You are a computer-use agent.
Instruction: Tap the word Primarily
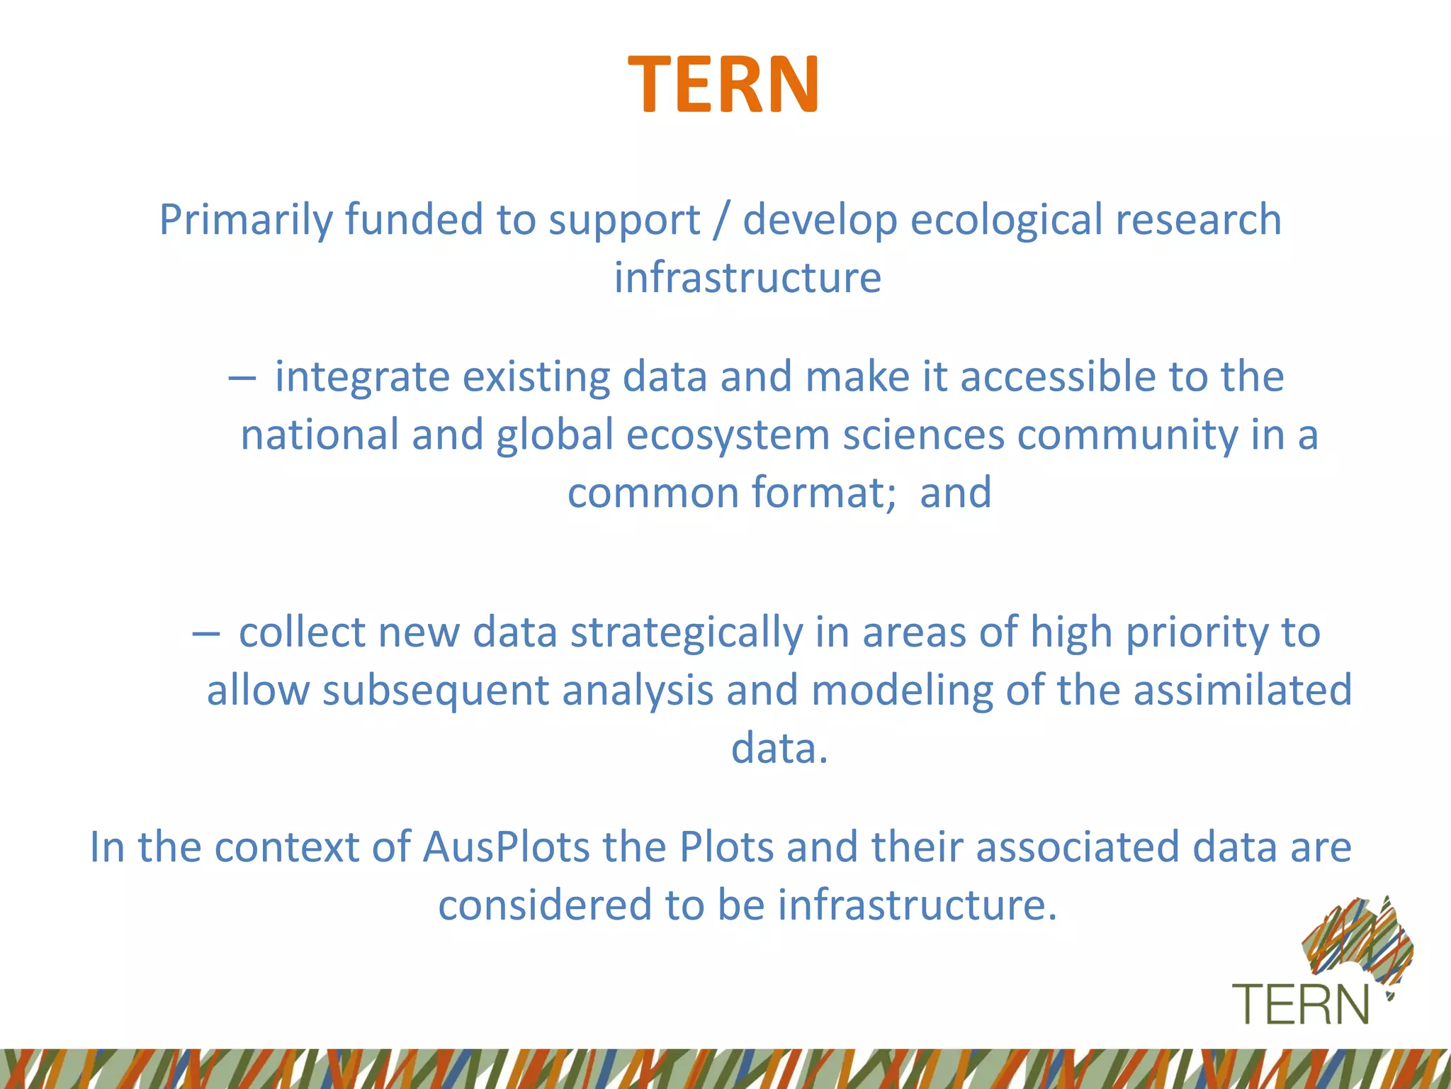(x=245, y=220)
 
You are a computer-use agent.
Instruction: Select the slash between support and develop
(x=721, y=220)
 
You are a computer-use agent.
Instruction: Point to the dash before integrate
(x=242, y=378)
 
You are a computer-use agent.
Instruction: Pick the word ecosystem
(x=728, y=435)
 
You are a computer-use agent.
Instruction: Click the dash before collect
(x=205, y=633)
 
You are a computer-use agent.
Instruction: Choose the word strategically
(x=686, y=633)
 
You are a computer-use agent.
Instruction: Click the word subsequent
(x=436, y=691)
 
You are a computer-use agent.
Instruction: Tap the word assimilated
(x=1243, y=691)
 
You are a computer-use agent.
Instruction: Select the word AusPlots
(x=506, y=847)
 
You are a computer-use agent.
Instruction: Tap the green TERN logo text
(x=1301, y=1005)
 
